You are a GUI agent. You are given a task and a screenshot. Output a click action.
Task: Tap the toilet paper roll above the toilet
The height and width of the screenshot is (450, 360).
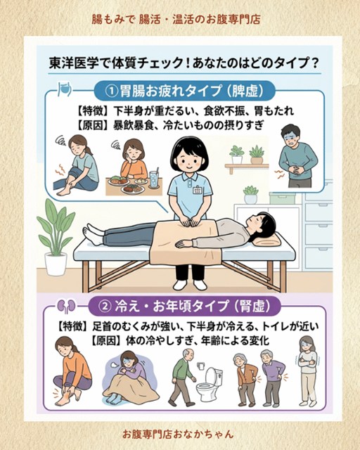201,366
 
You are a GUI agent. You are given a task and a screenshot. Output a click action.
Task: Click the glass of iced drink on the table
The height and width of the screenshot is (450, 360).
153,179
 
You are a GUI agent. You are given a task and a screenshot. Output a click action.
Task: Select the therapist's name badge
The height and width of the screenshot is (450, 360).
197,190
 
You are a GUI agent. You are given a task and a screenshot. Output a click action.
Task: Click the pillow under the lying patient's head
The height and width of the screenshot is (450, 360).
269,240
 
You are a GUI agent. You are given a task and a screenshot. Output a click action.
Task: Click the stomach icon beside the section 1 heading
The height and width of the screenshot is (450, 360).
64,89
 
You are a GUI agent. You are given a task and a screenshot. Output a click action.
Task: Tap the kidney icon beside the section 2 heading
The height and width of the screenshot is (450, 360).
65,307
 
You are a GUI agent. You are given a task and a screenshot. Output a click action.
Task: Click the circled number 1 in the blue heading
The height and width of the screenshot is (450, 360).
112,91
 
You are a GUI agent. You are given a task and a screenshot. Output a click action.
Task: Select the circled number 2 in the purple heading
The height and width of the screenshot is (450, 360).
105,307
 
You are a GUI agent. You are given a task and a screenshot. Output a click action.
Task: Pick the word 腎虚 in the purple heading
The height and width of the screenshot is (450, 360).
252,307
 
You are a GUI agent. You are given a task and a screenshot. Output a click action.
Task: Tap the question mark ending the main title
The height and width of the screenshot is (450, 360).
314,63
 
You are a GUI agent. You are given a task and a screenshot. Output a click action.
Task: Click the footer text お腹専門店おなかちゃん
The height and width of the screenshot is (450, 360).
178,434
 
